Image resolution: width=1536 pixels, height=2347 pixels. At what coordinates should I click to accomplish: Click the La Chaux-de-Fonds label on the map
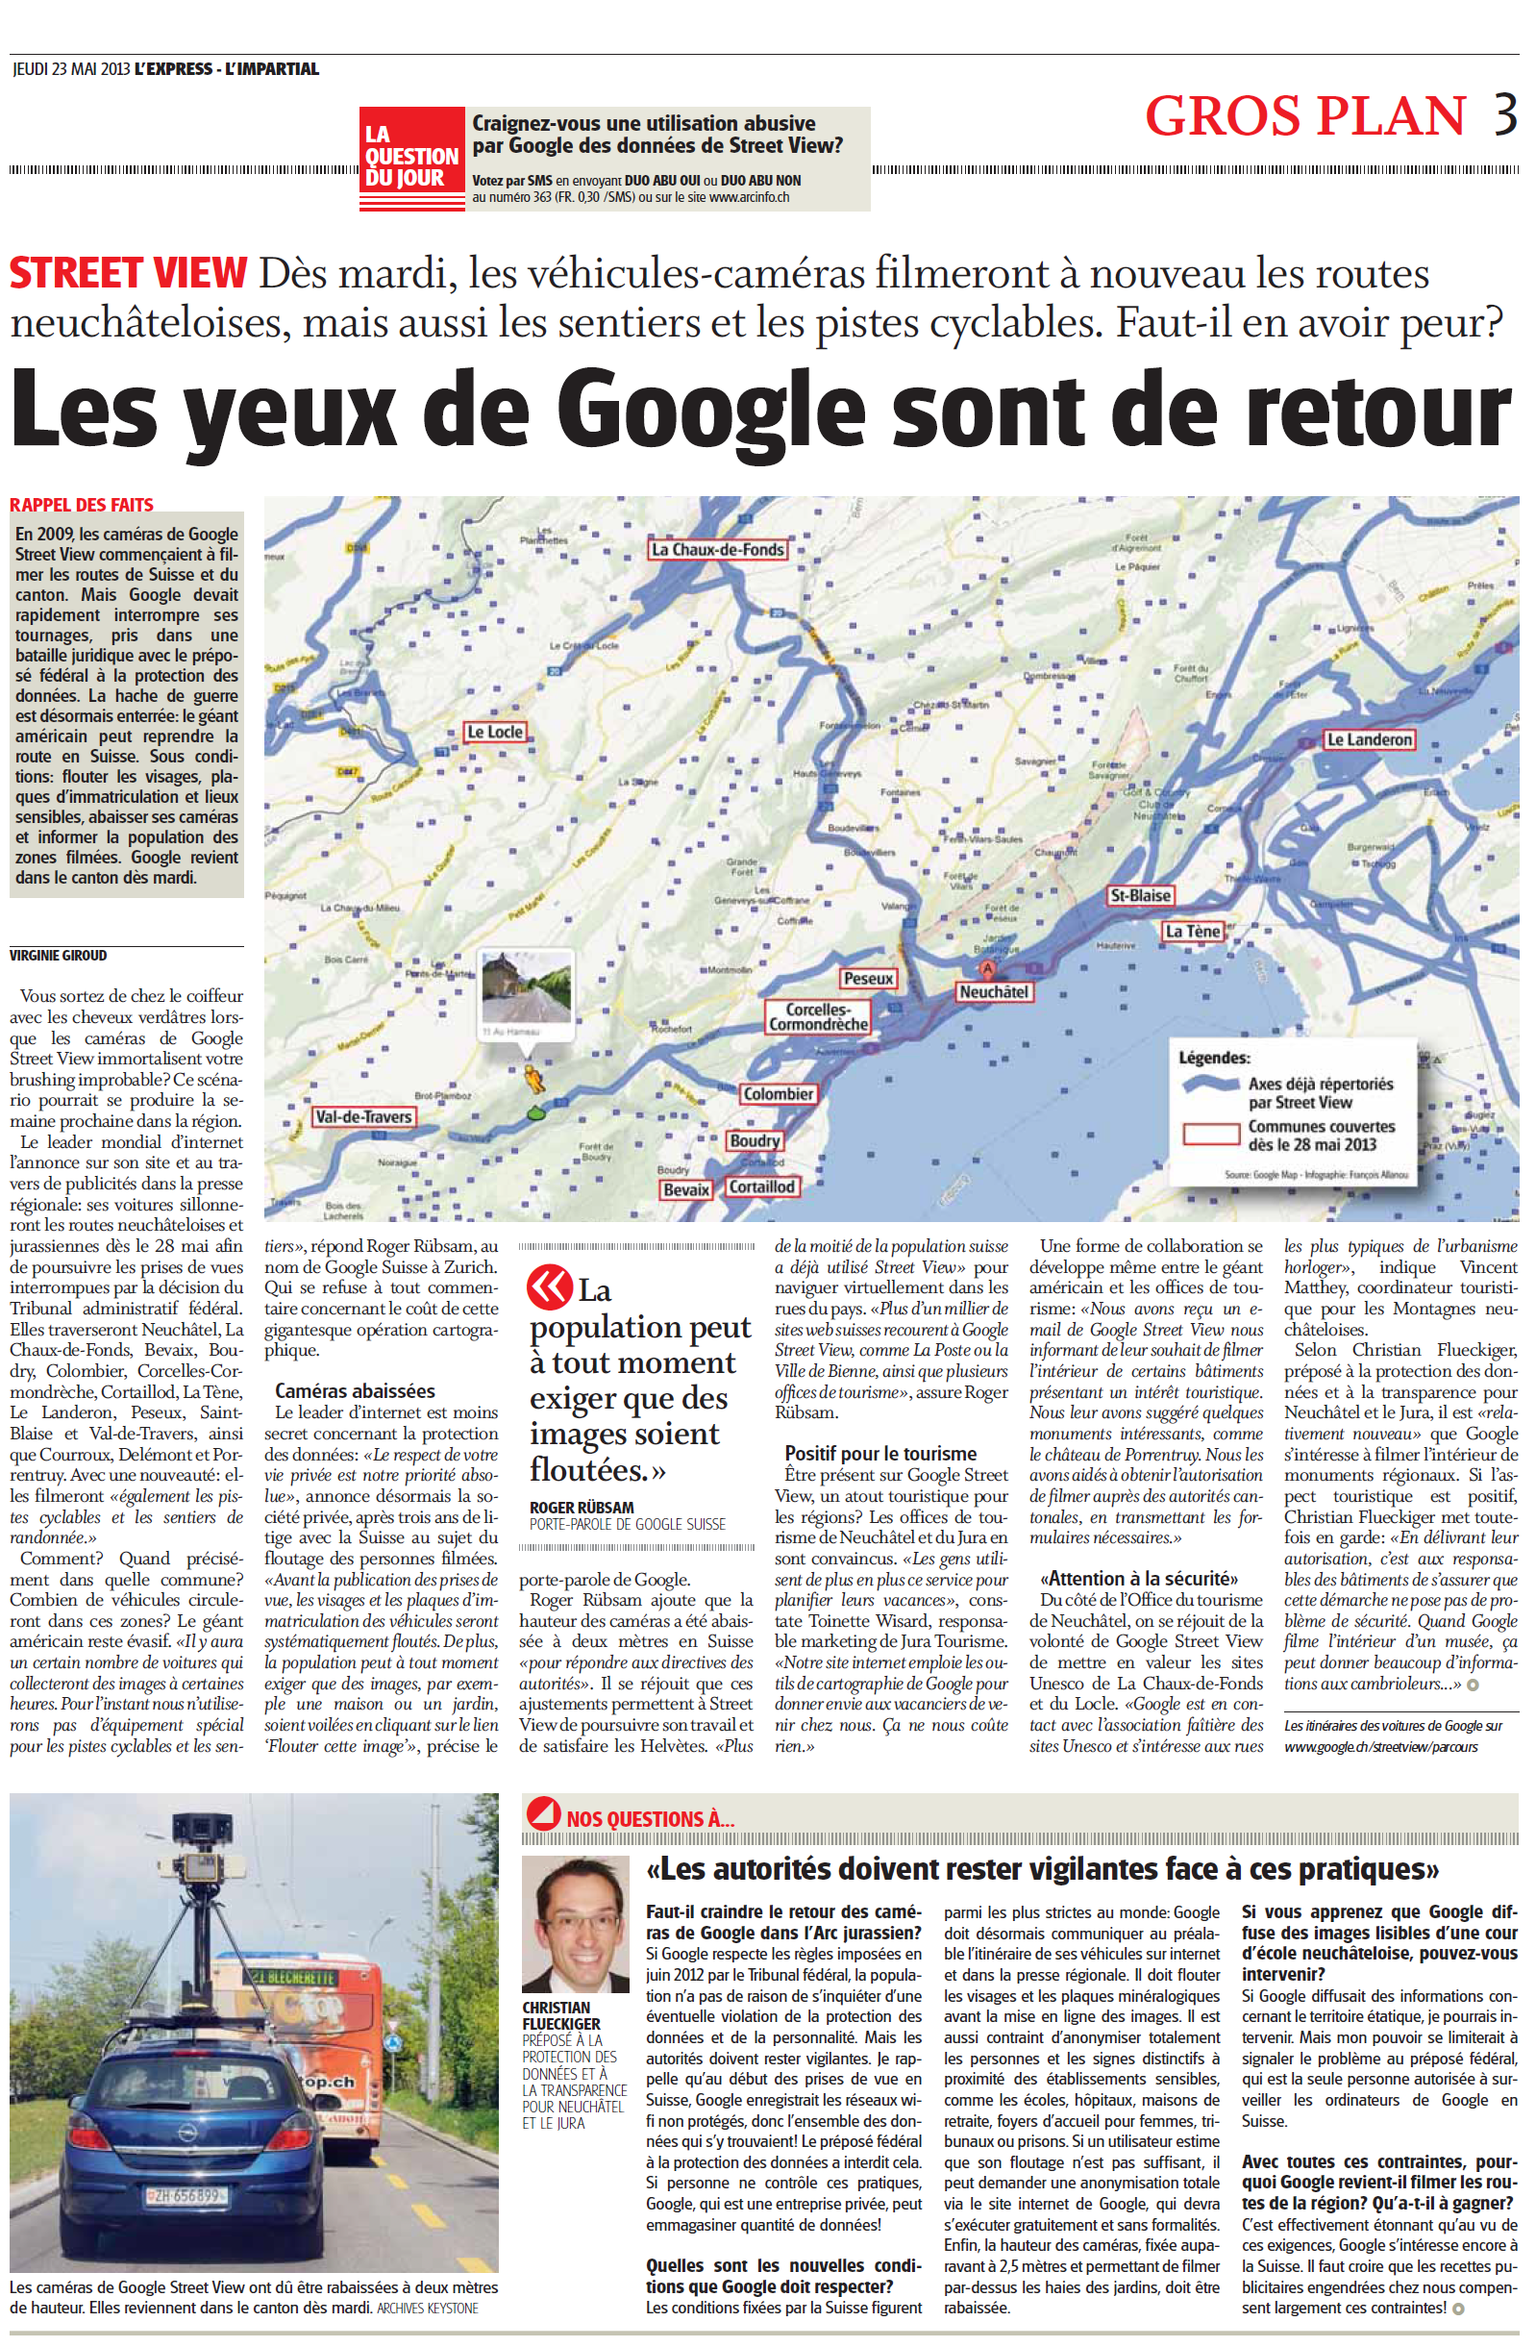point(718,549)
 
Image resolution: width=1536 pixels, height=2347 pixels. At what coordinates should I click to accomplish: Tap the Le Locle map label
point(495,732)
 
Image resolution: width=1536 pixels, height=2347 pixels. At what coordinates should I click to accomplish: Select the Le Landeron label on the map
point(1369,739)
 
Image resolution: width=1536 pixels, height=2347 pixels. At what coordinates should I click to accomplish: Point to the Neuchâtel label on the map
point(994,992)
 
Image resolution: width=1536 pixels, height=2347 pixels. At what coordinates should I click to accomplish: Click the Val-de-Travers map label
point(362,1116)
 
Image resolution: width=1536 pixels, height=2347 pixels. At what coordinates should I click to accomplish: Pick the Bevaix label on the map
point(686,1189)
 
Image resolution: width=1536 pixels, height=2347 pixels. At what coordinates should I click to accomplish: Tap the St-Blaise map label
point(1140,895)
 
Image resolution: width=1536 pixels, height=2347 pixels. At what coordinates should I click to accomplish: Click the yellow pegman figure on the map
point(533,1079)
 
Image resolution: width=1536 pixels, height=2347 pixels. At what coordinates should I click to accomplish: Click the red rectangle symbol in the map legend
point(1211,1134)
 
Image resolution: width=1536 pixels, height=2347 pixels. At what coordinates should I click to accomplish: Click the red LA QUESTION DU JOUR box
point(411,157)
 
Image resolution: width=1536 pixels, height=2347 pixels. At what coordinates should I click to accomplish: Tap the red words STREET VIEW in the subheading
point(128,273)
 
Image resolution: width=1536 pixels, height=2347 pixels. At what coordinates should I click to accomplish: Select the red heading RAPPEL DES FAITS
point(82,505)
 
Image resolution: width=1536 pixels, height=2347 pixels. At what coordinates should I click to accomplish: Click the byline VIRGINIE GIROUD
point(59,955)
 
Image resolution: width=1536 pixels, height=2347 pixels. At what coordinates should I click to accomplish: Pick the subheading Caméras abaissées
point(355,1390)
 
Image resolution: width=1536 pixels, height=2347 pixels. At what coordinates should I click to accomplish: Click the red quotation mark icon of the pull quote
point(549,1286)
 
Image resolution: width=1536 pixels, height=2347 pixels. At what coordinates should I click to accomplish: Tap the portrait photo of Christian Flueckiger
point(575,1924)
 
